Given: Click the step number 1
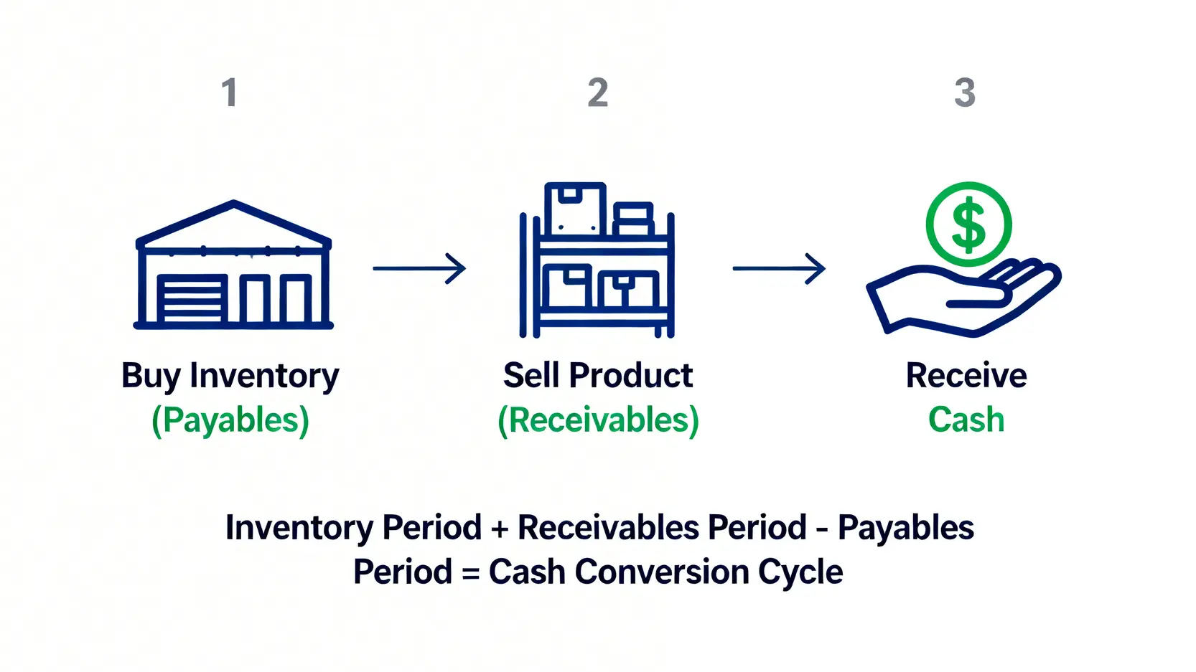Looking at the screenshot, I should point(230,93).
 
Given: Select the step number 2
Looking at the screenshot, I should point(598,93).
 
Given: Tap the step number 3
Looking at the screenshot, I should point(965,93).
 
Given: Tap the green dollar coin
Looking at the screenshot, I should point(968,224).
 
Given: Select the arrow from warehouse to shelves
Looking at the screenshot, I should point(419,268).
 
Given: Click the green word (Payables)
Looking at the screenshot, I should point(230,420).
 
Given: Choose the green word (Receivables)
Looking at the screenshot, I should point(598,420).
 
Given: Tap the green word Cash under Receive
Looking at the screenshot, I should point(966,420).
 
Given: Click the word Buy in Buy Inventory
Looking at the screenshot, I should point(151,377).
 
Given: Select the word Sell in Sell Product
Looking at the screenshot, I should point(531,375).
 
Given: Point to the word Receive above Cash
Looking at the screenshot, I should point(966,375).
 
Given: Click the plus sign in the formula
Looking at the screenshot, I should point(500,529).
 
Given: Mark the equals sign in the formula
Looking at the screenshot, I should point(470,573).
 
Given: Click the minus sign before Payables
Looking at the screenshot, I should point(823,529).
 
